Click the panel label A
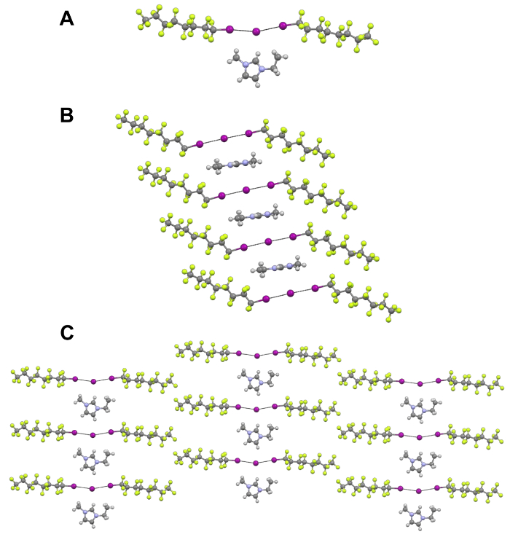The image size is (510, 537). click(x=66, y=19)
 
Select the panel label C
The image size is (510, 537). click(x=66, y=333)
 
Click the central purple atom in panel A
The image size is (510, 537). click(x=255, y=31)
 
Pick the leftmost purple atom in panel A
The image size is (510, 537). click(x=229, y=29)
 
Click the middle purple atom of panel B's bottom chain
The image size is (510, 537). click(x=290, y=293)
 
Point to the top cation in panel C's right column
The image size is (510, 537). click(x=419, y=406)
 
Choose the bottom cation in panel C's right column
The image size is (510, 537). click(x=419, y=513)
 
